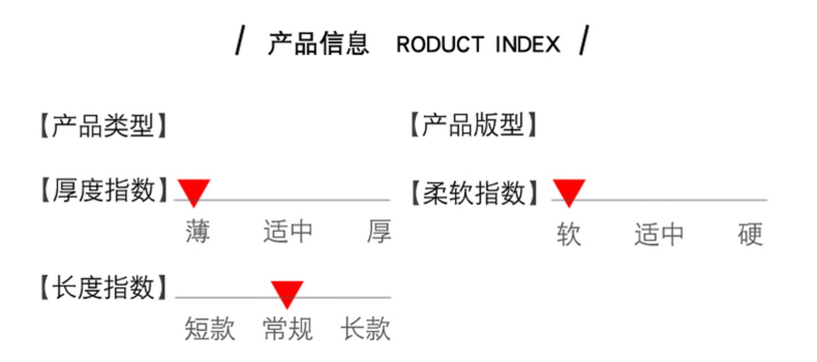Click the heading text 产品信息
pyautogui.click(x=319, y=44)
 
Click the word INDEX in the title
pyautogui.click(x=528, y=44)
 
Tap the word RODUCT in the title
pyautogui.click(x=440, y=44)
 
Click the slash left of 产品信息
pyautogui.click(x=240, y=40)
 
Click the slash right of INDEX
pyautogui.click(x=584, y=40)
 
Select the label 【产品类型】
pyautogui.click(x=103, y=126)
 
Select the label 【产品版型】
pyautogui.click(x=474, y=124)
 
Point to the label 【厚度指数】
pyautogui.click(x=103, y=190)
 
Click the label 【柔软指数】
pyautogui.click(x=474, y=193)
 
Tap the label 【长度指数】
pyautogui.click(x=103, y=287)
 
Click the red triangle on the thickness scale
pyautogui.click(x=193, y=193)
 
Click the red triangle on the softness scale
pyautogui.click(x=569, y=193)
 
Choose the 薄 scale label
pyautogui.click(x=198, y=231)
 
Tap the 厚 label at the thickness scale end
pyautogui.click(x=379, y=231)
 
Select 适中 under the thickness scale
pyautogui.click(x=288, y=231)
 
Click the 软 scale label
pyautogui.click(x=569, y=234)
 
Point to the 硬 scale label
pyautogui.click(x=750, y=234)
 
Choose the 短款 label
pyautogui.click(x=210, y=329)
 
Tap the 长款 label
pyautogui.click(x=366, y=329)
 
